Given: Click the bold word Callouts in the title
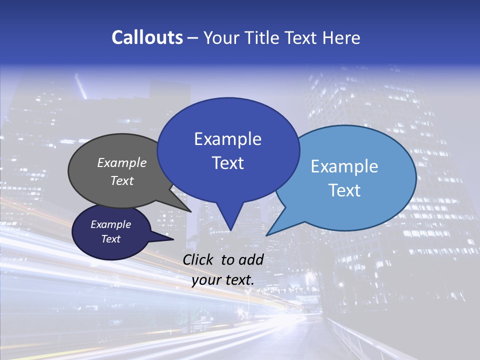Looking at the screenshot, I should point(147,37).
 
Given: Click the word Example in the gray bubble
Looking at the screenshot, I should point(122,162).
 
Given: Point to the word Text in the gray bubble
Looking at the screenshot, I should point(122,180).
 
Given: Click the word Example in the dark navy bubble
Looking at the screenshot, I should point(111,224).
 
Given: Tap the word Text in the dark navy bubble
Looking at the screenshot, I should point(111,239).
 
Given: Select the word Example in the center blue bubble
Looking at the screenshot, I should point(228,139).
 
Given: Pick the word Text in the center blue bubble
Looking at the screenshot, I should point(228,163).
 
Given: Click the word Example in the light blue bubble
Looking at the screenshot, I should point(344,166).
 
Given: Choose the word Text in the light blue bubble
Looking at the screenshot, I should point(344,190).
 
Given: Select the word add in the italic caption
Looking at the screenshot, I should point(251,259).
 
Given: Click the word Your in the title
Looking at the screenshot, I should point(221,37).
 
